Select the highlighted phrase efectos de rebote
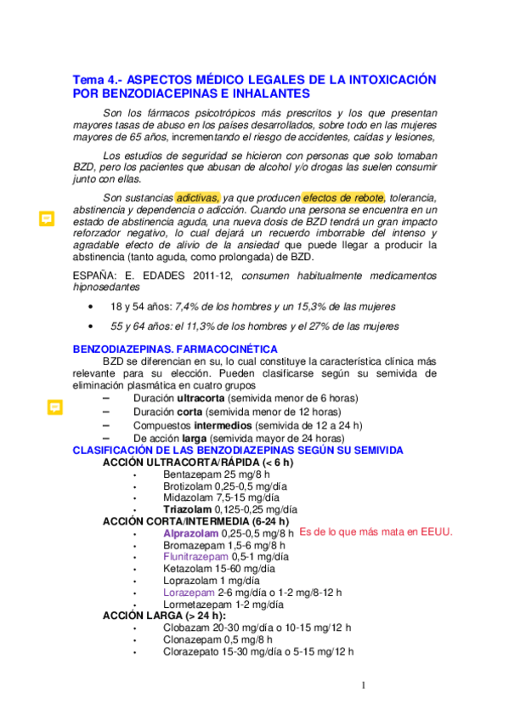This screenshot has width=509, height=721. click(x=343, y=197)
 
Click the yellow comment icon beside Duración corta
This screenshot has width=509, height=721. click(x=54, y=407)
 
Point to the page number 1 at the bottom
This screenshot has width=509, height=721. click(x=363, y=685)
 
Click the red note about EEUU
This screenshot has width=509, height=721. click(x=376, y=531)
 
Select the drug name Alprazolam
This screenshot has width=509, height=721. click(x=190, y=532)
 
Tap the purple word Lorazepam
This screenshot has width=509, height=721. click(x=189, y=592)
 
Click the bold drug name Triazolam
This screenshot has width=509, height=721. click(x=187, y=508)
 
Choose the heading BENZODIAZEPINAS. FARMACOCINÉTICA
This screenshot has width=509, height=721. click(x=175, y=349)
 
